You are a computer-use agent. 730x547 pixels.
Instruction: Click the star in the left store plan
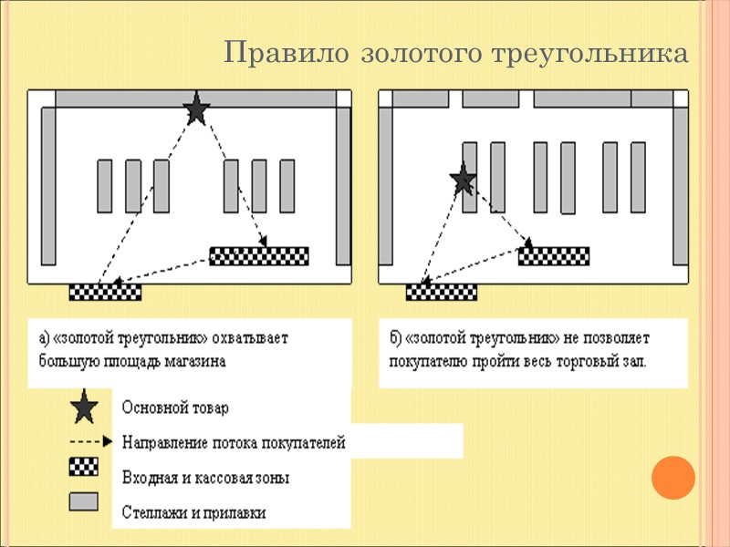(196, 110)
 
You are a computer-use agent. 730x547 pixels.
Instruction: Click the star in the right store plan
(463, 181)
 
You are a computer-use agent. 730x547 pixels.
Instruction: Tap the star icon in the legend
(85, 407)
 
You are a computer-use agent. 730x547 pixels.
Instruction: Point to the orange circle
(674, 478)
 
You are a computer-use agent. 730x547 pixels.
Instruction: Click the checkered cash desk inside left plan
(260, 255)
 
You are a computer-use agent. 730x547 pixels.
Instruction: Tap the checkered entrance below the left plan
(106, 292)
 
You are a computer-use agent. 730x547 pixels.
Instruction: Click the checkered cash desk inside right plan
(554, 256)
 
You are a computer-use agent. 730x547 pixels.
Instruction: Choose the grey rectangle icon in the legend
(85, 501)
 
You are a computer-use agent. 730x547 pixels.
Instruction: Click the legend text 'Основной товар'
(174, 408)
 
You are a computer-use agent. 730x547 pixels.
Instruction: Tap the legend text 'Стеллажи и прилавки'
(193, 512)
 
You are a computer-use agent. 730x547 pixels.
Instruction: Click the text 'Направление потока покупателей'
(234, 443)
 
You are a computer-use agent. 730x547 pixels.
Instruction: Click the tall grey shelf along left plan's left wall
(48, 196)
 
